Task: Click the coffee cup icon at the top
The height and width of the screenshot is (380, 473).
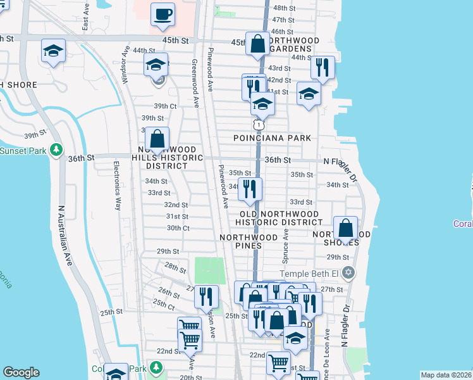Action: [163, 14]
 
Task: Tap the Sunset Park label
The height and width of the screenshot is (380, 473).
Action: [23, 151]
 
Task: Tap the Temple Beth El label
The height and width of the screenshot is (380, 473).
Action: [305, 273]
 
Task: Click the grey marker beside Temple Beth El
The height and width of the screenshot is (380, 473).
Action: [348, 273]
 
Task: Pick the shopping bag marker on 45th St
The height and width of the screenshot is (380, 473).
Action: [257, 44]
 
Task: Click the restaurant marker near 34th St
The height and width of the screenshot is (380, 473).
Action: [250, 189]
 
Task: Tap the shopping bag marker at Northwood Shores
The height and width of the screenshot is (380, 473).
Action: [346, 228]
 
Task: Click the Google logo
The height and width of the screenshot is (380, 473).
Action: [21, 372]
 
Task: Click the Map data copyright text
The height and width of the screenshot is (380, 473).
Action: [446, 375]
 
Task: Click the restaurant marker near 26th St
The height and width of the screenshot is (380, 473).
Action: [206, 296]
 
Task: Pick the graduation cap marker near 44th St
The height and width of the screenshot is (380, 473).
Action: [156, 64]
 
